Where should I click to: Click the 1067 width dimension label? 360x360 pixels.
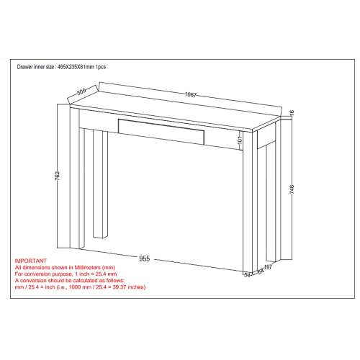pyautogui.click(x=190, y=96)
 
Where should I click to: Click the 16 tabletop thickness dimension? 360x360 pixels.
pyautogui.click(x=292, y=113)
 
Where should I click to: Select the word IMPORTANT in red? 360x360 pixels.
pyautogui.click(x=31, y=261)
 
